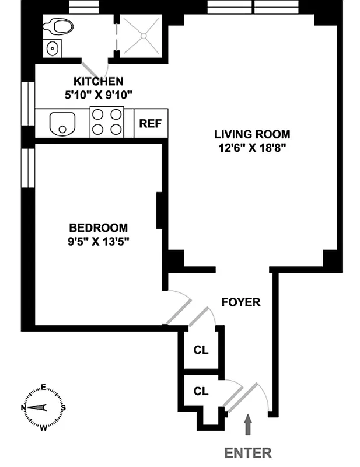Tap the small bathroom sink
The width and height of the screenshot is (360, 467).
(x=53, y=48)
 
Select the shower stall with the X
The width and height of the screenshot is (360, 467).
(x=142, y=34)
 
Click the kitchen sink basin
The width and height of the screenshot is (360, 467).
(x=61, y=123)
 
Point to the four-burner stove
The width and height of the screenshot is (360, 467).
(x=107, y=123)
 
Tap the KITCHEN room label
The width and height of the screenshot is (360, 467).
(x=98, y=81)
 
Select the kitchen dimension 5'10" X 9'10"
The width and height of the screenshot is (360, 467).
(x=98, y=94)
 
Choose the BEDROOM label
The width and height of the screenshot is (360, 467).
(x=98, y=228)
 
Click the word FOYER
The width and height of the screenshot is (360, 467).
(x=240, y=302)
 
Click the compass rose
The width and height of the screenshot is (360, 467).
(x=43, y=407)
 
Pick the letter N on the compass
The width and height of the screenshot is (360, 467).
(x=23, y=407)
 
